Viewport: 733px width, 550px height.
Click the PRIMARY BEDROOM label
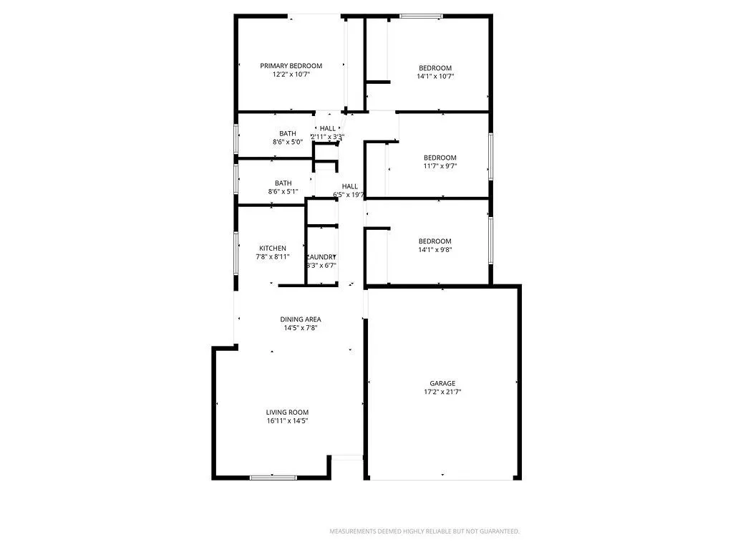tap(291, 66)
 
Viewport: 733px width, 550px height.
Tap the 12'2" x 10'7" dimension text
tap(291, 74)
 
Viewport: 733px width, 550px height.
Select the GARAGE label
tap(442, 383)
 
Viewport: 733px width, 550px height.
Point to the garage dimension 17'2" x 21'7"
tap(442, 392)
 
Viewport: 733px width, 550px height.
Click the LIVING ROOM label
tap(287, 412)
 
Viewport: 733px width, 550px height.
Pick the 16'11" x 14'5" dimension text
tap(287, 420)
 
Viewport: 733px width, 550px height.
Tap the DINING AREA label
tap(300, 319)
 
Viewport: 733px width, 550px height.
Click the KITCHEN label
tap(273, 249)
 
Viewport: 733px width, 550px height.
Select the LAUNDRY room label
tap(321, 257)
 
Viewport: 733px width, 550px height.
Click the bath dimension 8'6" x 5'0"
tap(288, 142)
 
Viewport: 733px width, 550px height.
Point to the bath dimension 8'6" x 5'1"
tap(283, 191)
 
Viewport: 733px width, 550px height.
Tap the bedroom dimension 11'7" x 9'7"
tap(440, 166)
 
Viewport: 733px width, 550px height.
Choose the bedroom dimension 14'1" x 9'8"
tap(435, 250)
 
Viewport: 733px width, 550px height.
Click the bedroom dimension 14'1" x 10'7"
tap(435, 76)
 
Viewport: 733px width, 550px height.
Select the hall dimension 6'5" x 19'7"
tap(349, 195)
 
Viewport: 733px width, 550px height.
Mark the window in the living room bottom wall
tap(273, 477)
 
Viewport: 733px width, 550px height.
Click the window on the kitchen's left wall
tap(236, 250)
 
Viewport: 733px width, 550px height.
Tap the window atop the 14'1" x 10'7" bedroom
tap(421, 16)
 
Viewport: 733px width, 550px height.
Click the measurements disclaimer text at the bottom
tap(424, 531)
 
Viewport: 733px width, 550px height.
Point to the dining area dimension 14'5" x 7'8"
tap(300, 328)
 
